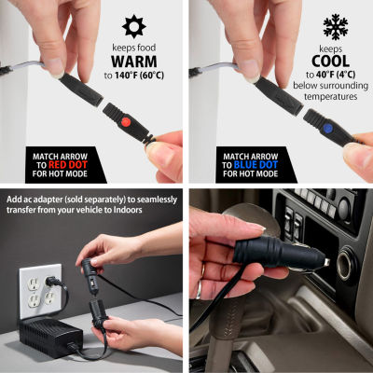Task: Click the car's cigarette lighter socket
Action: coord(344,265)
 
